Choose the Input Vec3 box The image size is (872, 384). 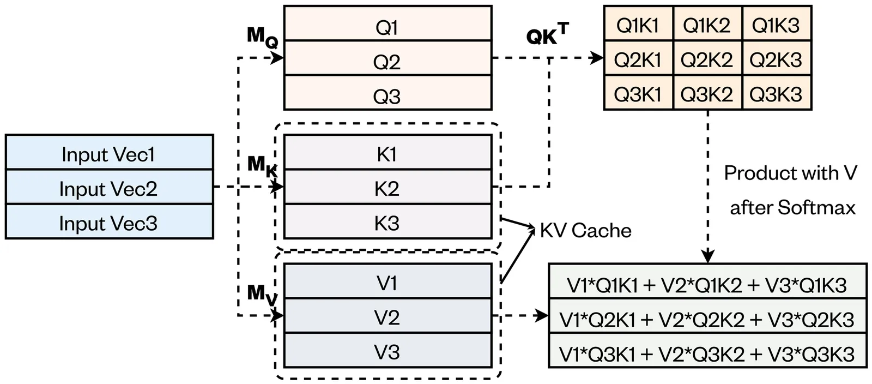pyautogui.click(x=109, y=222)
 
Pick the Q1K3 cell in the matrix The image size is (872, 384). pyautogui.click(x=776, y=24)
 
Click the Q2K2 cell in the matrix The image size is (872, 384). pyautogui.click(x=707, y=59)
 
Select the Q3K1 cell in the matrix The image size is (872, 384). pyautogui.click(x=638, y=93)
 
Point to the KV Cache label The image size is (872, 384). pyautogui.click(x=585, y=230)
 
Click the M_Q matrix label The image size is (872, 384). pyautogui.click(x=263, y=37)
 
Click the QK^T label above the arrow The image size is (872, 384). pyautogui.click(x=547, y=34)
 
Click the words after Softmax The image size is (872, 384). pyautogui.click(x=792, y=207)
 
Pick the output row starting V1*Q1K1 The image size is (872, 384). pyautogui.click(x=707, y=284)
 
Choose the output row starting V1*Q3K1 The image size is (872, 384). pyautogui.click(x=707, y=353)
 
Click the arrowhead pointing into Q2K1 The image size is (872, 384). pyautogui.click(x=597, y=58)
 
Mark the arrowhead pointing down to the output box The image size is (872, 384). pyautogui.click(x=707, y=256)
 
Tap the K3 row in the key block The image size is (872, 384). pyautogui.click(x=387, y=222)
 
